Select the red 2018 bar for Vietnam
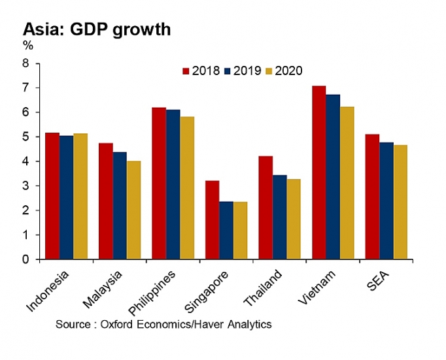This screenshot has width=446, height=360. (x=318, y=172)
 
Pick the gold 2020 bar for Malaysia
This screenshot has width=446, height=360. (x=133, y=210)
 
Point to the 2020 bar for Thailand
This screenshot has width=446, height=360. (x=294, y=219)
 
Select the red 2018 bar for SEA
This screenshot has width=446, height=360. (x=371, y=197)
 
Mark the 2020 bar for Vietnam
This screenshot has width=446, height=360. (x=347, y=183)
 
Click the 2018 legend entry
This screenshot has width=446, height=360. (x=201, y=71)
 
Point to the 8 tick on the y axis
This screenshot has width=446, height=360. (x=27, y=63)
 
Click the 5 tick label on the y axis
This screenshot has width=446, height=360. (x=27, y=137)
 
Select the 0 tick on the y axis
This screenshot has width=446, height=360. (x=27, y=259)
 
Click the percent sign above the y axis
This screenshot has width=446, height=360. (x=28, y=46)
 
